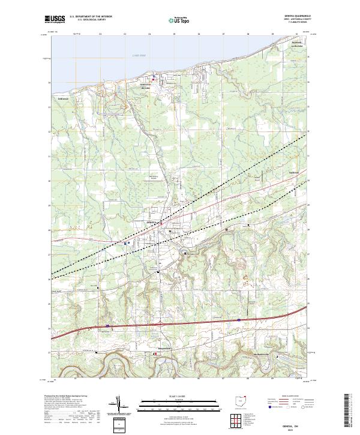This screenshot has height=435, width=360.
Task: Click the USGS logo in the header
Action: coord(55,19)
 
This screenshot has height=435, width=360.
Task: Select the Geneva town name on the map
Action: coord(152,221)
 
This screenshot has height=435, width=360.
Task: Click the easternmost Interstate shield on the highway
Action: coord(239,320)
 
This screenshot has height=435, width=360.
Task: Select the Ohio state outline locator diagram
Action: coord(241,403)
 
